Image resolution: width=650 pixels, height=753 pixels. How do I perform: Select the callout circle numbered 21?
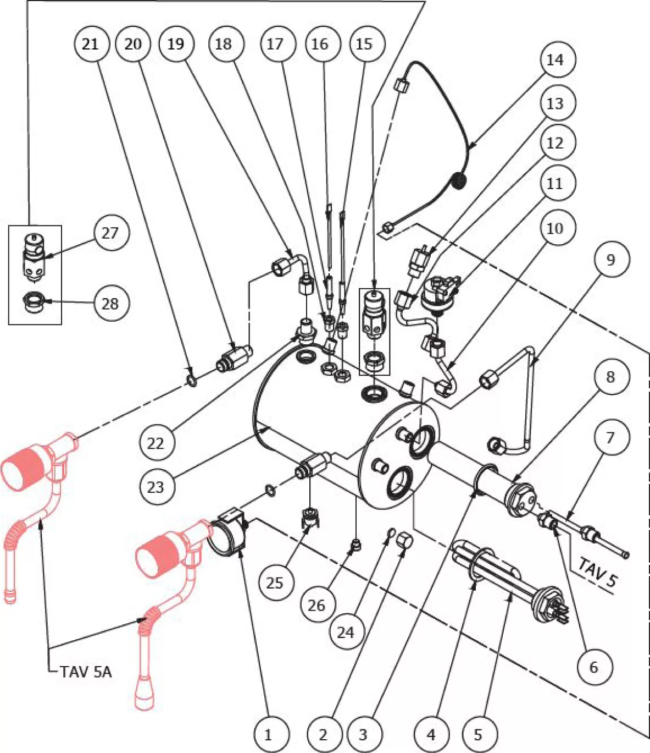(x=90, y=44)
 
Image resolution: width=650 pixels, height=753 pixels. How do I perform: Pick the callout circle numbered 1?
(x=268, y=734)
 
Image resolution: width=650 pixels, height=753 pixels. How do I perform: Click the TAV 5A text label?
(x=86, y=672)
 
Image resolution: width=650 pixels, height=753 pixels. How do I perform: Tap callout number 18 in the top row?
(x=223, y=44)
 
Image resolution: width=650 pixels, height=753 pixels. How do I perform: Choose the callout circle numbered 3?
(x=363, y=734)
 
